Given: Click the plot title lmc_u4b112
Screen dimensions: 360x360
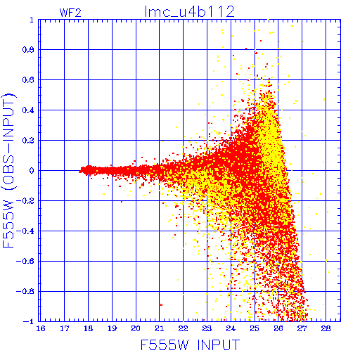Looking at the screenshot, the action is [x=189, y=12].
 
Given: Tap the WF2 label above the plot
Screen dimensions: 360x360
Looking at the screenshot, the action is [x=70, y=13].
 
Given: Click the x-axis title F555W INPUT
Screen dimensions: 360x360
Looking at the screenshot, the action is [x=190, y=345].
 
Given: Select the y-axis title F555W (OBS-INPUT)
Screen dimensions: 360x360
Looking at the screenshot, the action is [x=8, y=170].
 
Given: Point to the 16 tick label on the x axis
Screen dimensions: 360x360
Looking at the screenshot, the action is [x=41, y=328].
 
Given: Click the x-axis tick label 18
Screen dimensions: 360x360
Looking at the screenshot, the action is [x=89, y=328].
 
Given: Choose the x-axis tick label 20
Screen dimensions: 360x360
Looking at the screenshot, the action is [x=136, y=328].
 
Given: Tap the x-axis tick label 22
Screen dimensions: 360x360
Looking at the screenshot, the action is [x=183, y=328].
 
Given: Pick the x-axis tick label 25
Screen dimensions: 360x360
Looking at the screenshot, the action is [x=255, y=328].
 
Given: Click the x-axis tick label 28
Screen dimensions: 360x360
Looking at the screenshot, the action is [x=326, y=328].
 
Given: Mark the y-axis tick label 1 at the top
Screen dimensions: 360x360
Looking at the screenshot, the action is [x=32, y=20].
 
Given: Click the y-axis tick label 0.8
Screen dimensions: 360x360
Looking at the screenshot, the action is [x=28, y=50].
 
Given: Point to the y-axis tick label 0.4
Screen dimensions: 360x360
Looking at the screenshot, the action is [x=28, y=110].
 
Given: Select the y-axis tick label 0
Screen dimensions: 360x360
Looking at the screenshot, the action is [x=32, y=170].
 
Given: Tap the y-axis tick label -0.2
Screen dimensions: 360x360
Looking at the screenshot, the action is [x=25, y=201].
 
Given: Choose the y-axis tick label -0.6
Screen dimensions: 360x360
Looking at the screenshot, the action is [x=25, y=261].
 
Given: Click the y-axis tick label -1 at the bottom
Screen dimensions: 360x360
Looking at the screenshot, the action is [x=29, y=321].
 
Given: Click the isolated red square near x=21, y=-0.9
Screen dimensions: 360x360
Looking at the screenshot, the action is [x=161, y=304].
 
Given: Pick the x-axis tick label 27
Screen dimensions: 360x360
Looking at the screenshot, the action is [x=302, y=328].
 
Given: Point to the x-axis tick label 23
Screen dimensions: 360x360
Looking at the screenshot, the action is [x=207, y=328].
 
